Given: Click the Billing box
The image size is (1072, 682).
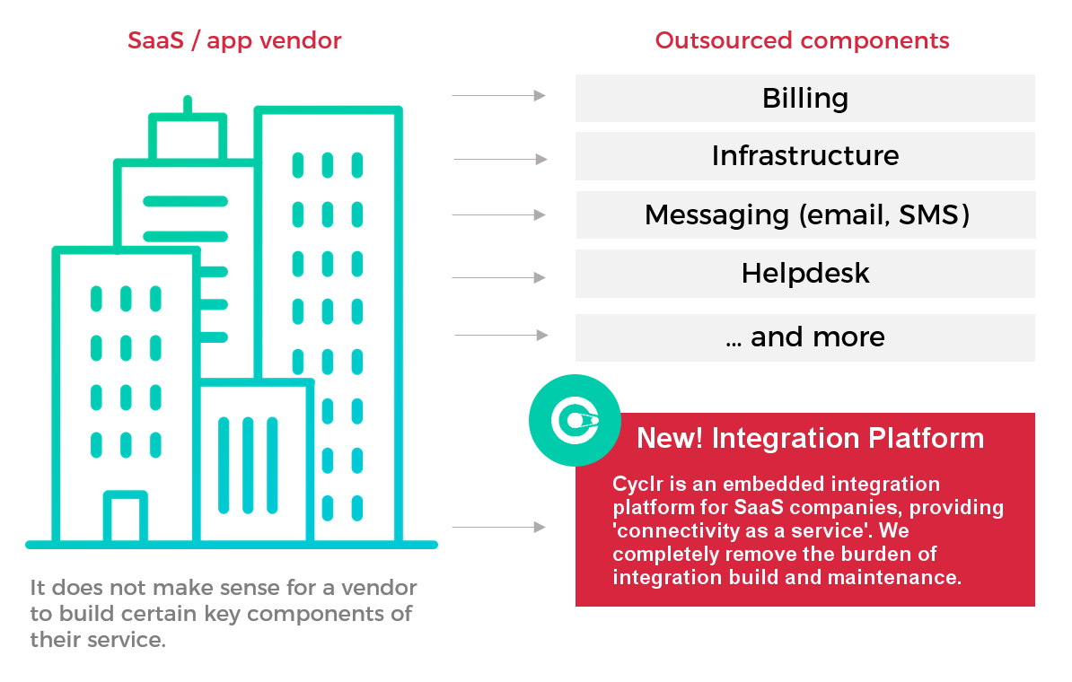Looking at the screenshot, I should tap(804, 98).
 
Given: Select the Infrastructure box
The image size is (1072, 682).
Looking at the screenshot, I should tap(804, 156).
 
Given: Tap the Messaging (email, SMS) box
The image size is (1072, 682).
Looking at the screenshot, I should tap(805, 214).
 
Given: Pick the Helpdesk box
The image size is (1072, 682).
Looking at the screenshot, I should tap(804, 273).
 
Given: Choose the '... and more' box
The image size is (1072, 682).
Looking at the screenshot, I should tap(804, 337).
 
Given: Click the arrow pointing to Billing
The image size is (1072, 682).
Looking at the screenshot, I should tap(499, 95).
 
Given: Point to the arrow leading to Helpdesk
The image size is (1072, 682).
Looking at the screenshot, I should tap(499, 278).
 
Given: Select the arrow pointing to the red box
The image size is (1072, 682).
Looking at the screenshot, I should tap(499, 528).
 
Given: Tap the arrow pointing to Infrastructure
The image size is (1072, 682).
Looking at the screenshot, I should tap(500, 160).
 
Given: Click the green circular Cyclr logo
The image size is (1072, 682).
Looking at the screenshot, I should tap(575, 420).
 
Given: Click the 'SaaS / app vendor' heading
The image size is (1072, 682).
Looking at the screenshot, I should tap(234, 40).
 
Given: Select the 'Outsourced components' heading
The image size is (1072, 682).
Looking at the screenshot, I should tap(802, 40).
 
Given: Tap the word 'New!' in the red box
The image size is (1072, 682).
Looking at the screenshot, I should tap(669, 439).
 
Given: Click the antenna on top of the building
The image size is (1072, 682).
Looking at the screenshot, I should tap(187, 105).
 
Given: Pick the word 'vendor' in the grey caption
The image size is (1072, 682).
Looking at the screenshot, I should tap(381, 589).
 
